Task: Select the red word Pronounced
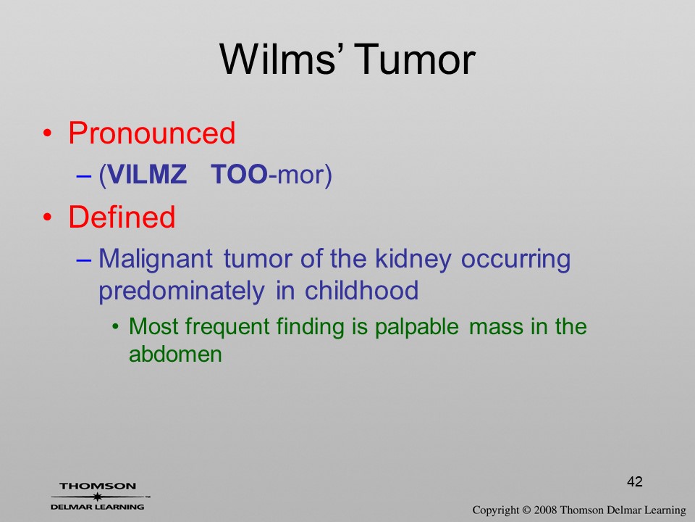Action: (x=151, y=133)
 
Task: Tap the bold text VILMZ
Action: (x=147, y=174)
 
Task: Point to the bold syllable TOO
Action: (x=240, y=174)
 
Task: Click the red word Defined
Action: (x=122, y=217)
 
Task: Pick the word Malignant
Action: (x=156, y=260)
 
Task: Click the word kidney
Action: (x=413, y=260)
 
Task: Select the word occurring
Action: (x=515, y=260)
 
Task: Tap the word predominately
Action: (x=181, y=291)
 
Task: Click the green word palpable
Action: (x=417, y=328)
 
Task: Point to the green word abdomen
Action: (x=175, y=355)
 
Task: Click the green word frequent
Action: (x=227, y=328)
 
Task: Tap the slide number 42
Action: (x=635, y=481)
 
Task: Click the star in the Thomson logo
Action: (x=98, y=497)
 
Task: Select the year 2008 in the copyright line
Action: (x=545, y=510)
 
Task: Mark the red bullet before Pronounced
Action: (x=48, y=133)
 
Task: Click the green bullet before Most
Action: (x=116, y=328)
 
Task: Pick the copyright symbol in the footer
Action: (x=526, y=510)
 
